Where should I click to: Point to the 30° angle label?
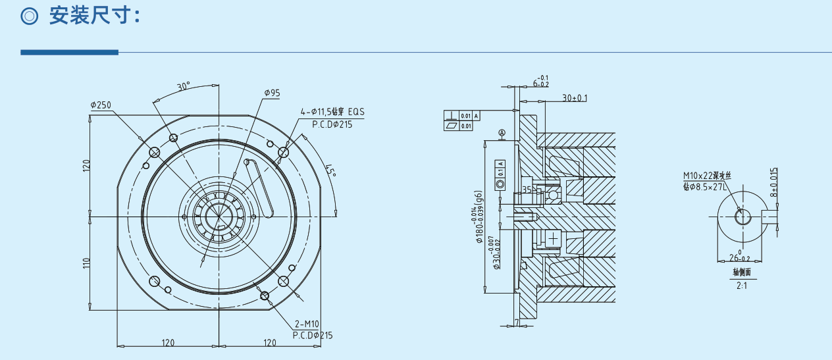183,86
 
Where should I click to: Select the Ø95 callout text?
272,93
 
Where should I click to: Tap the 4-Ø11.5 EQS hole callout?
332,112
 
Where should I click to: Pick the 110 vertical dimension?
86,263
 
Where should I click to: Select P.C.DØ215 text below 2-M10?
313,335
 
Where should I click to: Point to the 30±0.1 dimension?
575,98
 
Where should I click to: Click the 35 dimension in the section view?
526,190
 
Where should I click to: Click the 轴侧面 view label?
741,271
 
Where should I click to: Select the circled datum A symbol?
502,132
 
